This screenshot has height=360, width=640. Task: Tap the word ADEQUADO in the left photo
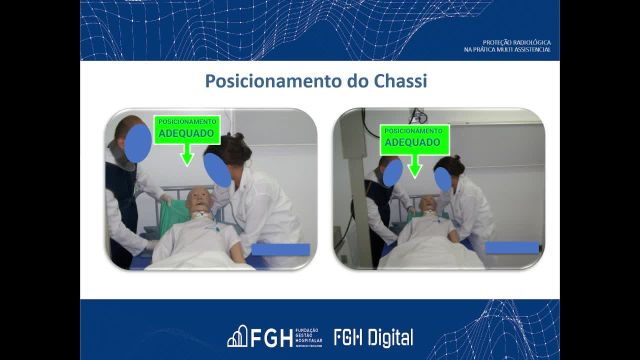(x=187, y=131)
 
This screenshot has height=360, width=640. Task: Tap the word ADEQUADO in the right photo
(x=413, y=142)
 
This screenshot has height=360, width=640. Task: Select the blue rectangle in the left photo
(x=281, y=249)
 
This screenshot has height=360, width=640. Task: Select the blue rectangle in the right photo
(x=512, y=247)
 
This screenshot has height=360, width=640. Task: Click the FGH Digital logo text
(x=373, y=337)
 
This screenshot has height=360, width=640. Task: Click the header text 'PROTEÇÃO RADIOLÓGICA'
(x=515, y=42)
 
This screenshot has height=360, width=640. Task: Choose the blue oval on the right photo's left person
(x=392, y=171)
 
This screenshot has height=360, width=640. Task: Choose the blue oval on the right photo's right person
(x=441, y=179)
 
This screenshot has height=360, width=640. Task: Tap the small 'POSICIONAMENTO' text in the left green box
(x=187, y=121)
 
